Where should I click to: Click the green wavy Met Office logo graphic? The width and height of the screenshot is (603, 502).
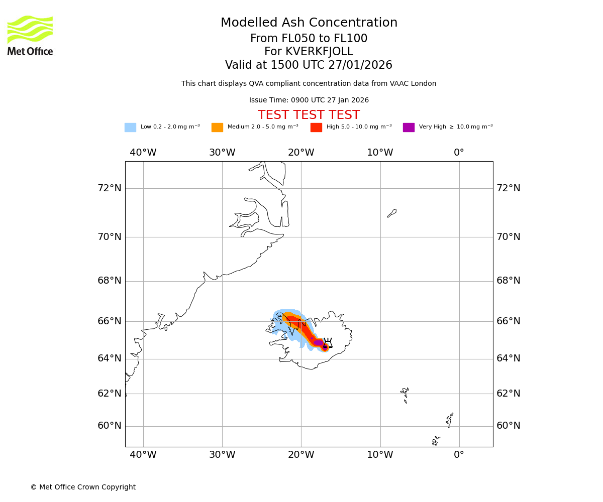[30, 29]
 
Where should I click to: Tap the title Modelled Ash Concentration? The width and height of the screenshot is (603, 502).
[309, 23]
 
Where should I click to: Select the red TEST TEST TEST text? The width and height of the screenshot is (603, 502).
[309, 115]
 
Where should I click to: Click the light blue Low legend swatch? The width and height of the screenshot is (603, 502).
[130, 128]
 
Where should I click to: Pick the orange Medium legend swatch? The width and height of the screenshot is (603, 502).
[217, 128]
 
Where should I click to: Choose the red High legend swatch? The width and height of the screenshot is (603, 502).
[316, 128]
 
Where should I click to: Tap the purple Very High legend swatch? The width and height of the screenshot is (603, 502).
[409, 128]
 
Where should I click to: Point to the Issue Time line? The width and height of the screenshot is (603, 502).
[309, 100]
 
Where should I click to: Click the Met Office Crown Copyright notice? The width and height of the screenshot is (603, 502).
[83, 487]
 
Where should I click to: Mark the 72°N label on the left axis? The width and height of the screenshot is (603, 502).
[109, 188]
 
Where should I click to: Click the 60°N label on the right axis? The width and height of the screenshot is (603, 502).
[509, 426]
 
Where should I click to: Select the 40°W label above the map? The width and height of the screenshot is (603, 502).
[143, 153]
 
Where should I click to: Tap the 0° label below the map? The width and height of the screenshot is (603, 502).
[459, 455]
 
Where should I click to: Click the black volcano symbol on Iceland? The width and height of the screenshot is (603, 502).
[328, 343]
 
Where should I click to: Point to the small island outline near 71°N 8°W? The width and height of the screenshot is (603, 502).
[392, 213]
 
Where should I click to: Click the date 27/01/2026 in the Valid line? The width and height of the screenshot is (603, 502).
[360, 65]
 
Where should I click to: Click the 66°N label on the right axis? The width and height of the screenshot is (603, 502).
[509, 321]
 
